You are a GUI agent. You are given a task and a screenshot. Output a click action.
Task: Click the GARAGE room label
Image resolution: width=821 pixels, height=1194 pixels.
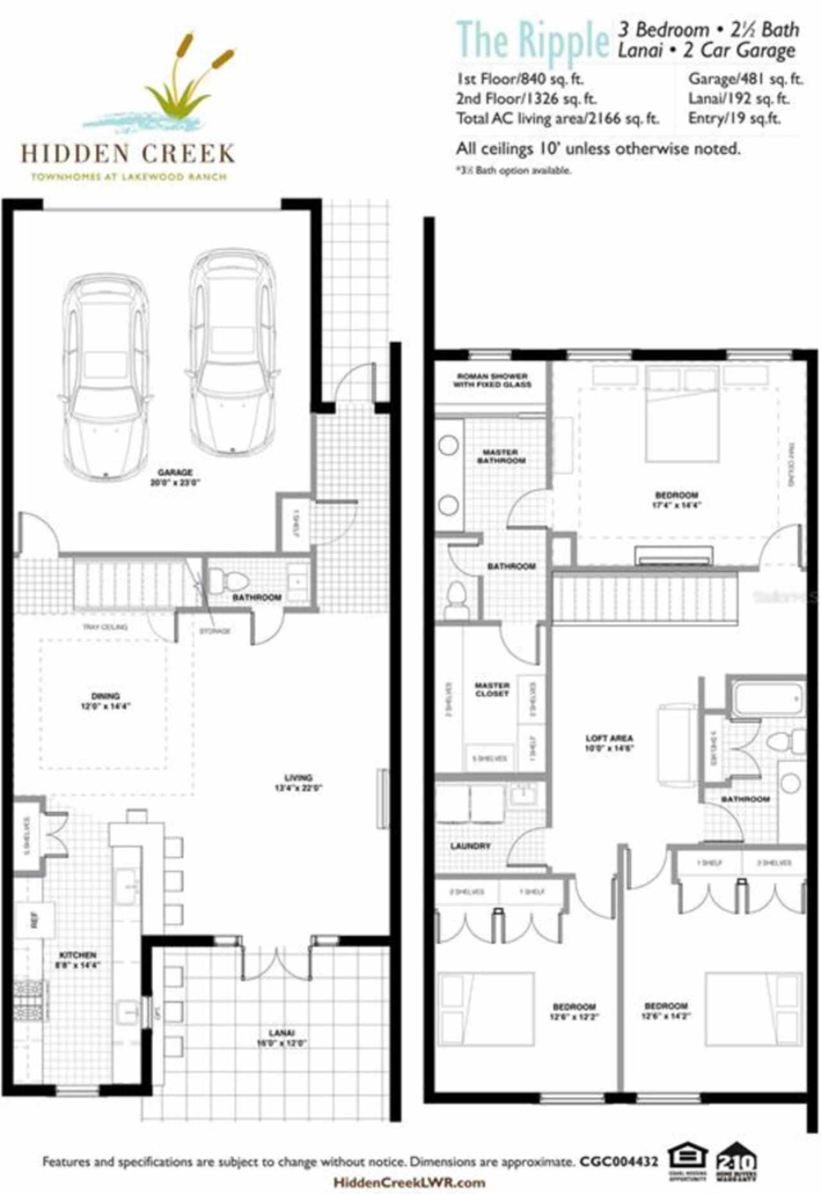[x=175, y=473]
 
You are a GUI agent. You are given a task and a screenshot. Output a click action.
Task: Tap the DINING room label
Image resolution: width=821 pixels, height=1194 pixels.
[x=105, y=696]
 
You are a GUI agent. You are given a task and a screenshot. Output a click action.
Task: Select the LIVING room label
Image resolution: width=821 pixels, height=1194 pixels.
[x=298, y=778]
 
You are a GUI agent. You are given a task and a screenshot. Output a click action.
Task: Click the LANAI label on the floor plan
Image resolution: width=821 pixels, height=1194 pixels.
[x=282, y=1032]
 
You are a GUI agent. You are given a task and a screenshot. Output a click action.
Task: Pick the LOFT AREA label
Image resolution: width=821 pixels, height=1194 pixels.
[x=609, y=738]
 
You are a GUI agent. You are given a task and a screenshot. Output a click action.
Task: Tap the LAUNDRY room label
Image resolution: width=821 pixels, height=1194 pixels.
[x=470, y=846]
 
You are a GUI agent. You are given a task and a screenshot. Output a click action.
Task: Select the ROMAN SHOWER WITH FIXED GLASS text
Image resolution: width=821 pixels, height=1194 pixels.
[x=492, y=380]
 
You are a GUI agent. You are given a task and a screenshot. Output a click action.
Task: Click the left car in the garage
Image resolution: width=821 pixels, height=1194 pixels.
[x=106, y=375]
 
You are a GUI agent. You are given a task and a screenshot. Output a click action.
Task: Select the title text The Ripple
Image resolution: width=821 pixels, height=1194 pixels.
[x=532, y=40]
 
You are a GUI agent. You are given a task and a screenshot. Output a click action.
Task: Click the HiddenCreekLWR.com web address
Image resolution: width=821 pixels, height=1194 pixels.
[x=409, y=1182]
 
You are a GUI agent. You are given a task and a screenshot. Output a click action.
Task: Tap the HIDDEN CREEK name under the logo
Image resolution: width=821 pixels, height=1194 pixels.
[x=128, y=154]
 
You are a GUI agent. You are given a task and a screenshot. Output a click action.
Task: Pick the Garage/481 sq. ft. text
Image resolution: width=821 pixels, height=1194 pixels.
[x=745, y=79]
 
